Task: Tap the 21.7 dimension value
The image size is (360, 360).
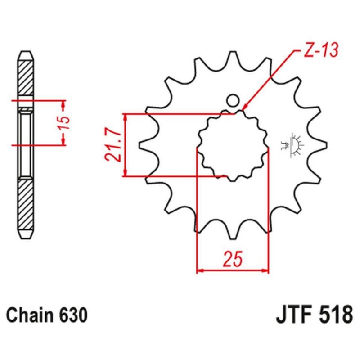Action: (112, 145)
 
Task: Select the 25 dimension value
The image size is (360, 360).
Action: (233, 259)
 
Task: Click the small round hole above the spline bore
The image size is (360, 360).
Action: (233, 100)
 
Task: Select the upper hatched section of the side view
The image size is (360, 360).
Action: (26, 78)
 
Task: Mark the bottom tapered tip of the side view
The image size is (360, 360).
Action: (26, 234)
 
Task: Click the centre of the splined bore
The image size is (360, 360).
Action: (233, 145)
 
